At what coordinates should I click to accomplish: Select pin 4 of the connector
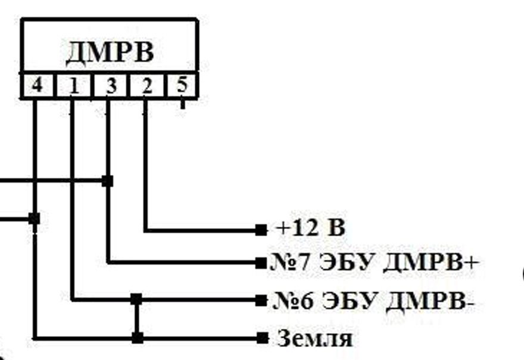click(37, 86)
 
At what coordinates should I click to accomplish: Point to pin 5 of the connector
click(182, 85)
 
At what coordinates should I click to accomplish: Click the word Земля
click(314, 339)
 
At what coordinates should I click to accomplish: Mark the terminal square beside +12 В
click(260, 229)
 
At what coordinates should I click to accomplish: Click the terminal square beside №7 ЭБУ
click(260, 262)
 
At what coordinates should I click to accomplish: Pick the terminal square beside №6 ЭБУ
click(260, 300)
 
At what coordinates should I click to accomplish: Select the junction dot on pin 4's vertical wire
click(34, 219)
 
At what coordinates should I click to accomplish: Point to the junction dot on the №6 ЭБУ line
click(136, 299)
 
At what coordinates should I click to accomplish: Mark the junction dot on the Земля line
click(138, 338)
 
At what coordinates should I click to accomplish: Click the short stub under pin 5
click(182, 104)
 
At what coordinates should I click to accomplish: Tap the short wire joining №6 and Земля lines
click(137, 319)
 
